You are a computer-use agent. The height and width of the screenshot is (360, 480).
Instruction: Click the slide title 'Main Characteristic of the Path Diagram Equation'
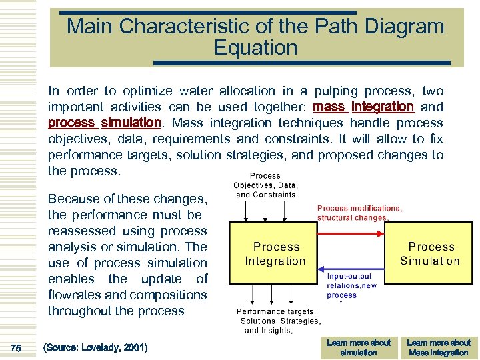[255, 37]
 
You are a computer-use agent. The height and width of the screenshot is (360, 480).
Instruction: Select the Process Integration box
[275, 254]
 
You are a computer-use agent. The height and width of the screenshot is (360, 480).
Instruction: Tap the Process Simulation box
[429, 254]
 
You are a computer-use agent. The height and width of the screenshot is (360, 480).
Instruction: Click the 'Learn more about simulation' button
[358, 347]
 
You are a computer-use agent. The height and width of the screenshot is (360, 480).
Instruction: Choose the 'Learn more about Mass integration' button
[439, 347]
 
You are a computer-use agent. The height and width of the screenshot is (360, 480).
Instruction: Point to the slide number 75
[16, 347]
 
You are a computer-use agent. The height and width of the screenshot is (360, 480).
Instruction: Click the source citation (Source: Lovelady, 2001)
[95, 347]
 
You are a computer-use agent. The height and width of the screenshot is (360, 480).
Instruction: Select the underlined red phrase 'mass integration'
[363, 107]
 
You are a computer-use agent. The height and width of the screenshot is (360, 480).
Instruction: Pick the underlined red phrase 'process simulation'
[105, 123]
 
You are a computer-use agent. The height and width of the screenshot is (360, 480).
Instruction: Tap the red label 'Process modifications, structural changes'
[359, 213]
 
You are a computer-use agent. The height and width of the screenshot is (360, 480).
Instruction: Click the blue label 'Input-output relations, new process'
[351, 285]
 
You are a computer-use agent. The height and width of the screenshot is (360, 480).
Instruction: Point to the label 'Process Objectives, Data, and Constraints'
[265, 185]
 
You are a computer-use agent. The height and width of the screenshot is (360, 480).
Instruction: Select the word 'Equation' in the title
[255, 48]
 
